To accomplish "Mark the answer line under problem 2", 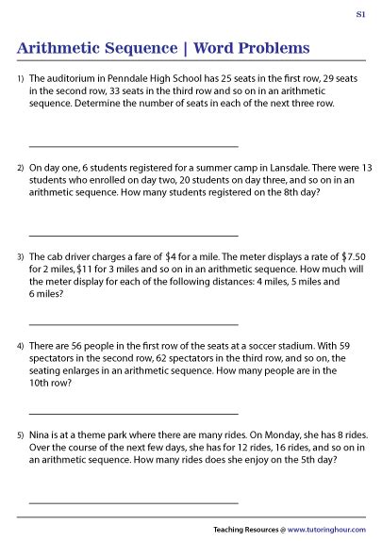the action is [x=133, y=234].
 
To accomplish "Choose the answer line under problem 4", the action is [x=133, y=412].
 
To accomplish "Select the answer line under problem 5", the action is [x=133, y=502].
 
